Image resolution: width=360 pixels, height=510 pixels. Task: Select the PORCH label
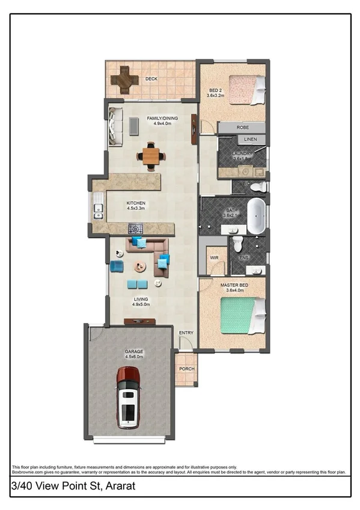[186, 371]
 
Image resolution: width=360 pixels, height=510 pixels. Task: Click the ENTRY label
[186, 333]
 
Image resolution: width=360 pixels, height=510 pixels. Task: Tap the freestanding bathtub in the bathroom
[257, 215]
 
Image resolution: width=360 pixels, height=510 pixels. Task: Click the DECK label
[151, 78]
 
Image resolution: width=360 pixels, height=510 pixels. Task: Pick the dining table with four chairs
[151, 156]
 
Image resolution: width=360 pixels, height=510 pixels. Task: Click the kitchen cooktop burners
[136, 229]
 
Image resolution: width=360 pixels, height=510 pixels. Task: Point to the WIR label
[213, 257]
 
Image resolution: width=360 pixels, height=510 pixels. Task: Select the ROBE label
[243, 128]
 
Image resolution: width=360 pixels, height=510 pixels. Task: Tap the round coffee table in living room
[139, 266]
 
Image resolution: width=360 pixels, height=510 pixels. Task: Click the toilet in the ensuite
[237, 244]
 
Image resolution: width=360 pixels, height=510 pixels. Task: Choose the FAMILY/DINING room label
[162, 118]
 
